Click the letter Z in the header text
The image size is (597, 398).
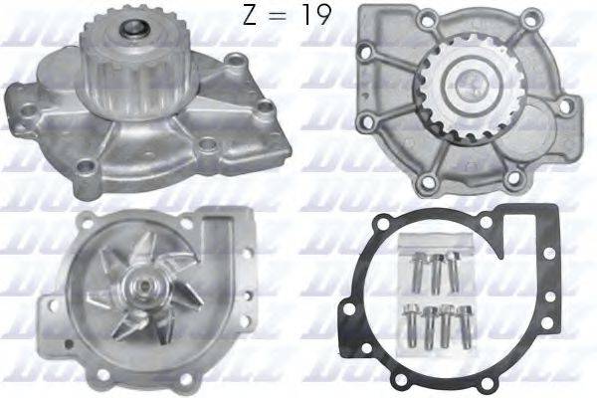click(x=251, y=17)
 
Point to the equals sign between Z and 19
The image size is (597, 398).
click(x=283, y=18)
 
